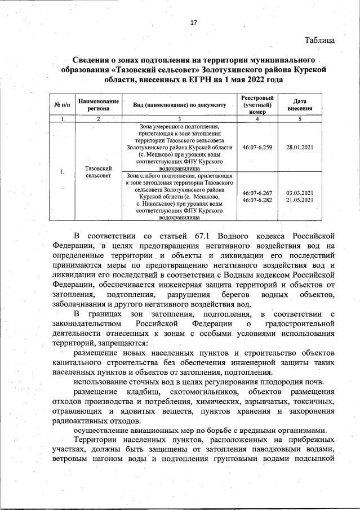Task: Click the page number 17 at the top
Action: [194, 23]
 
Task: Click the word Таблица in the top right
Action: [320, 40]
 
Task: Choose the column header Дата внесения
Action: [300, 105]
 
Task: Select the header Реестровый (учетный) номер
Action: [257, 105]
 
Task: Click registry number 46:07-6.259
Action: [257, 147]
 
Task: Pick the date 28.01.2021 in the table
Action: [300, 147]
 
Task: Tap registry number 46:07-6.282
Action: [257, 200]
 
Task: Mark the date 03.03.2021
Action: [300, 193]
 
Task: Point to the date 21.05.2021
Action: [300, 200]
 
